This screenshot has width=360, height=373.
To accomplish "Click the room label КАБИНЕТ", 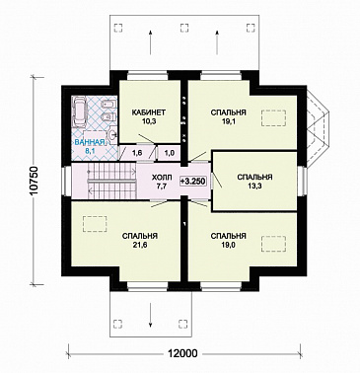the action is pyautogui.click(x=148, y=112).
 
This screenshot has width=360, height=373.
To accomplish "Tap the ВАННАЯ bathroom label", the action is pyautogui.click(x=89, y=143).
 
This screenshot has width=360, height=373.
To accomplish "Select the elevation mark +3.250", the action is pyautogui.click(x=193, y=181).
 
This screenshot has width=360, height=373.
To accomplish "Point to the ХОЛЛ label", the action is pyautogui.click(x=162, y=178).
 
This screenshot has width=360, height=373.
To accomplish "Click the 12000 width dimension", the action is pyautogui.click(x=183, y=354).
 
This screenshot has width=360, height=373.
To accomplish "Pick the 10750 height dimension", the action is pyautogui.click(x=35, y=181).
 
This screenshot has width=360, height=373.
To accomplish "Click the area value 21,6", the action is pyautogui.click(x=139, y=245).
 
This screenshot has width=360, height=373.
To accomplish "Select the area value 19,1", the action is pyautogui.click(x=228, y=121).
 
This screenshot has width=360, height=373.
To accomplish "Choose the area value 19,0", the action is pyautogui.click(x=228, y=245).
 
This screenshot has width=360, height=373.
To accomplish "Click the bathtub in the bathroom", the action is pyautogui.click(x=80, y=112).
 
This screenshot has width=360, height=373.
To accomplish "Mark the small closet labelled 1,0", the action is pyautogui.click(x=170, y=153).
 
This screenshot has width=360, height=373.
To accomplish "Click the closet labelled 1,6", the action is pyautogui.click(x=137, y=153).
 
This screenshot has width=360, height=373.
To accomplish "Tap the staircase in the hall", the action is pyautogui.click(x=111, y=181).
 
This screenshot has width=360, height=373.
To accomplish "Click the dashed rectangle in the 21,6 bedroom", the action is pyautogui.click(x=95, y=224).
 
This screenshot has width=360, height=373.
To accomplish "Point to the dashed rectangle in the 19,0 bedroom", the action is pyautogui.click(x=273, y=244).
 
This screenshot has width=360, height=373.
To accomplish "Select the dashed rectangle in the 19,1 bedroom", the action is pyautogui.click(x=274, y=118).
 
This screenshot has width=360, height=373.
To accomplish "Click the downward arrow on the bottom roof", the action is pyautogui.click(x=150, y=315).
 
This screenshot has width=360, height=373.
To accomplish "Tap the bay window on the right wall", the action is pyautogui.click(x=318, y=128).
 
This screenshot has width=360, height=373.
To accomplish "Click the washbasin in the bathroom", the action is pyautogui.click(x=112, y=134).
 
